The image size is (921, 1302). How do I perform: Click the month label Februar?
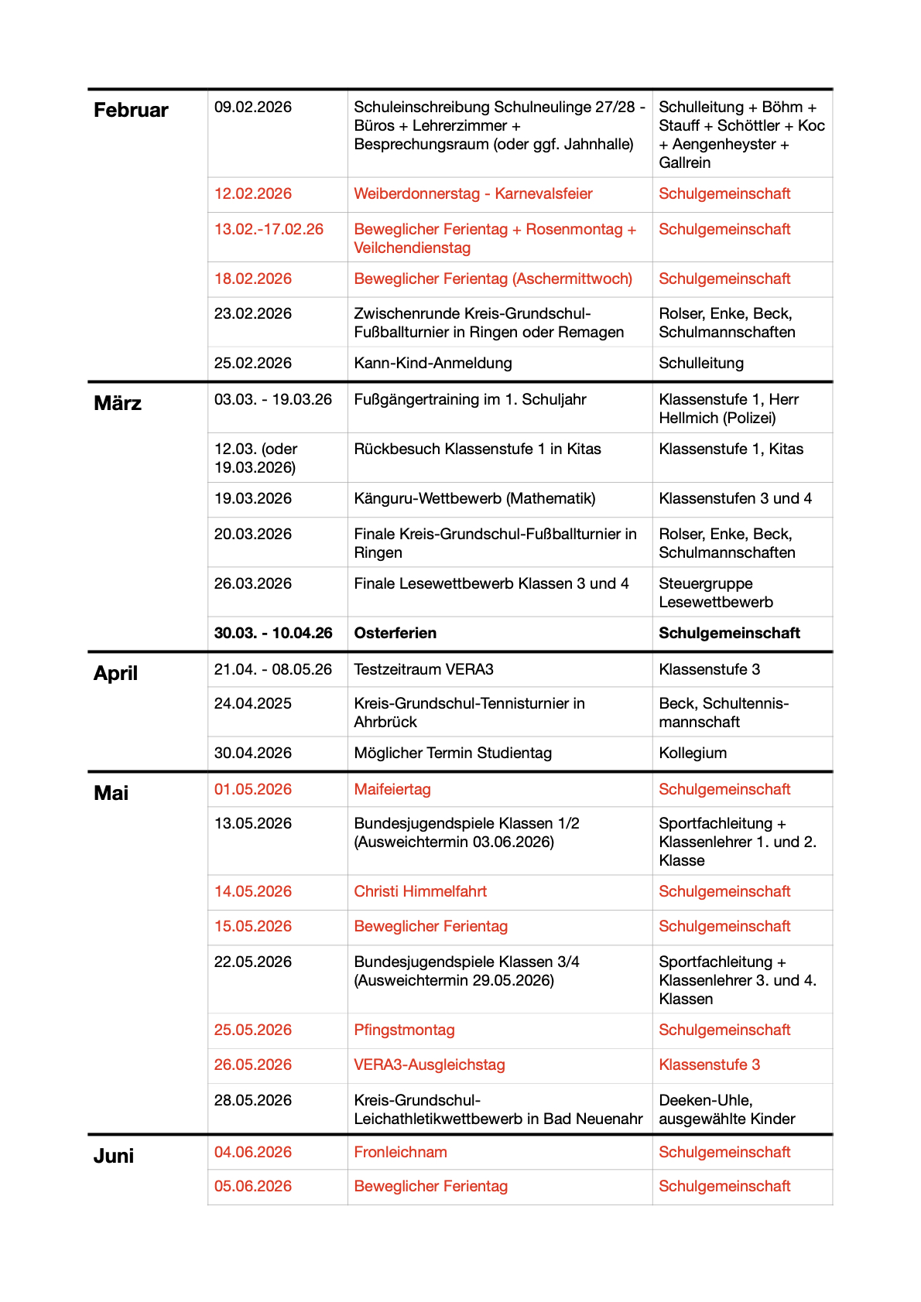point(131,111)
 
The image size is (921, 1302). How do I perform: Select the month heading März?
point(118,404)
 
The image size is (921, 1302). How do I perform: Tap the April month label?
point(115,674)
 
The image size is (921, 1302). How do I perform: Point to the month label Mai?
point(111,794)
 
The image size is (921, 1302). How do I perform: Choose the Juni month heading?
point(114,1157)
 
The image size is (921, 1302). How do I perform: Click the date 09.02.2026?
point(253,108)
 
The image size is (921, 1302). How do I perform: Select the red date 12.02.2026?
point(253,194)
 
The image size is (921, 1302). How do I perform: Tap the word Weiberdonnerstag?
point(416,194)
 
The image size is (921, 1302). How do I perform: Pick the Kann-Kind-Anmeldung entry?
point(433,364)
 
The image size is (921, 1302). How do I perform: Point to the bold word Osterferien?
point(395,634)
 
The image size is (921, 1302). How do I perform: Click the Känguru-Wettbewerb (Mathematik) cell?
point(474,499)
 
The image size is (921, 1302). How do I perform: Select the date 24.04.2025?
point(253,704)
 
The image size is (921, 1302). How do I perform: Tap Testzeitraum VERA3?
point(423,670)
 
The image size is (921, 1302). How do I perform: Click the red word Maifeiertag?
point(392,790)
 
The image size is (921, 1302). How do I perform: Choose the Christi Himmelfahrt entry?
point(420,892)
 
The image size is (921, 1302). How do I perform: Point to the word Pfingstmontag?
point(404,1030)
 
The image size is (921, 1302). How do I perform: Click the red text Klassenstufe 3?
point(709,1065)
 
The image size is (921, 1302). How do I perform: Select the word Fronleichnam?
point(400,1153)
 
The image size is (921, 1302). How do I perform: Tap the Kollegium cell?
point(693,754)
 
